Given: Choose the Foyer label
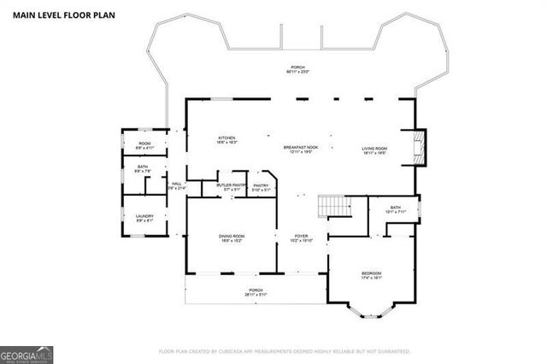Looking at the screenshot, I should [302, 238].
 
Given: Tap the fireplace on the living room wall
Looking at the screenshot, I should [420, 148].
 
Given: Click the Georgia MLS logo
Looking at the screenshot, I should [27, 351].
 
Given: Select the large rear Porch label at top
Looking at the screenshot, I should [297, 69].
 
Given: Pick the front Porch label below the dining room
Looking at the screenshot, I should [255, 292].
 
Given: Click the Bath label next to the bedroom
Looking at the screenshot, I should [395, 209].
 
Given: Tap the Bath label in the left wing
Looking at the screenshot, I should [144, 169].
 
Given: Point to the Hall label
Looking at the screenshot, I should [176, 185].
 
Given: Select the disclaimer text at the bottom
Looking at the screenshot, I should [285, 351].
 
